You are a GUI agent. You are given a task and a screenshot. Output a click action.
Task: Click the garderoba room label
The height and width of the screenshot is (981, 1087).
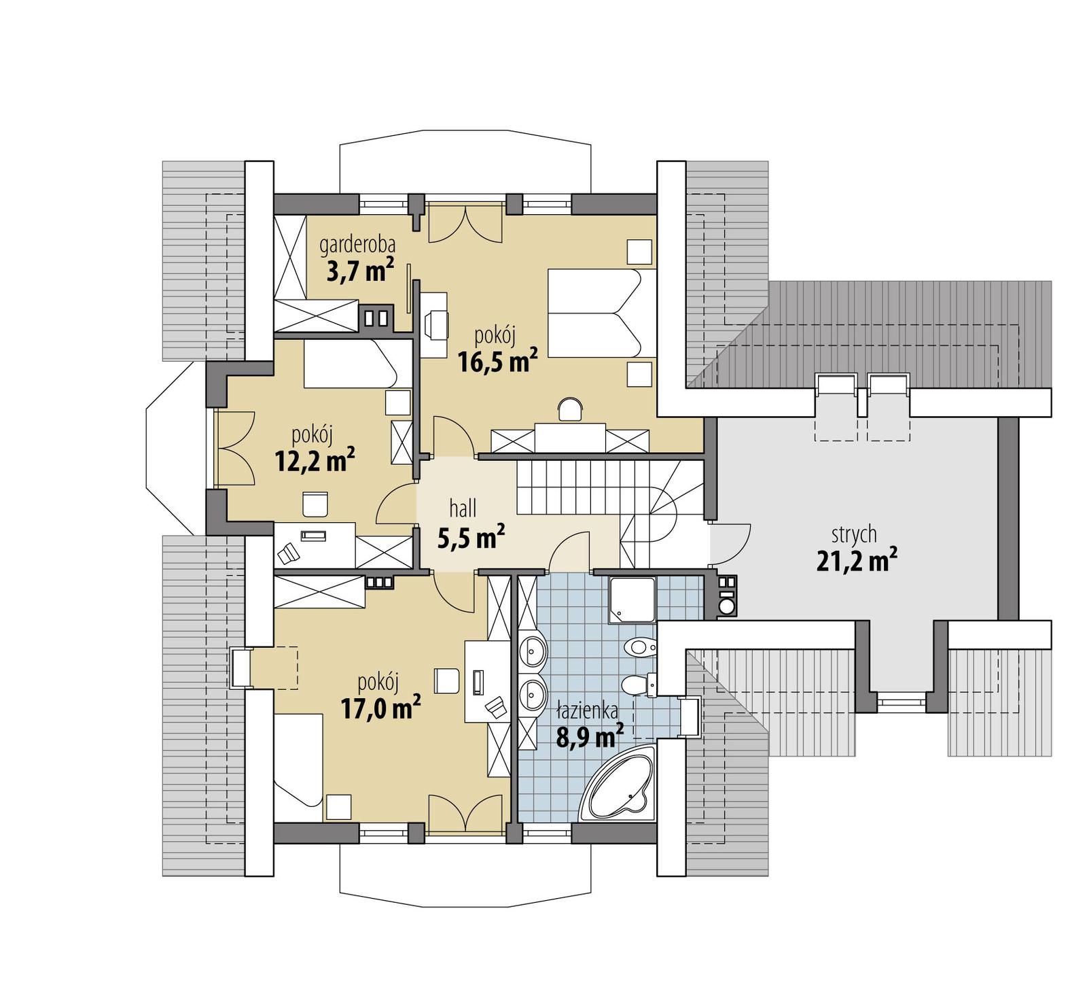[x=357, y=243]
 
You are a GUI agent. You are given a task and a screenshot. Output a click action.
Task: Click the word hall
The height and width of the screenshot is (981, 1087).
[x=463, y=508]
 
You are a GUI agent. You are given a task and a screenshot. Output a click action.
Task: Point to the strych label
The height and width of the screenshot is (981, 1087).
[x=854, y=534]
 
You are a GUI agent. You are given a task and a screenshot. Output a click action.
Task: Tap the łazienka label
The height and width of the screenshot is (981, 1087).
[x=587, y=711]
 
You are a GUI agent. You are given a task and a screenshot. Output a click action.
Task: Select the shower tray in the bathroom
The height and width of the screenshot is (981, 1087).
[x=632, y=600]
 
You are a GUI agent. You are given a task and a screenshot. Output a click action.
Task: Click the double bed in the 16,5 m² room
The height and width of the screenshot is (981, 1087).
[x=594, y=313]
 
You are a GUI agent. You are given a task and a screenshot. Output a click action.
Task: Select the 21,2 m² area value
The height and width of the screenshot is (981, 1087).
[x=856, y=562]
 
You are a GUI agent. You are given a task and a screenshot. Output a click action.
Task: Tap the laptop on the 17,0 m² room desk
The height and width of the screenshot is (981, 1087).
[x=497, y=708]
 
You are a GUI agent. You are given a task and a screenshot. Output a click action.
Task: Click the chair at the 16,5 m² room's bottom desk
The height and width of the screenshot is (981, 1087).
[x=570, y=409]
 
